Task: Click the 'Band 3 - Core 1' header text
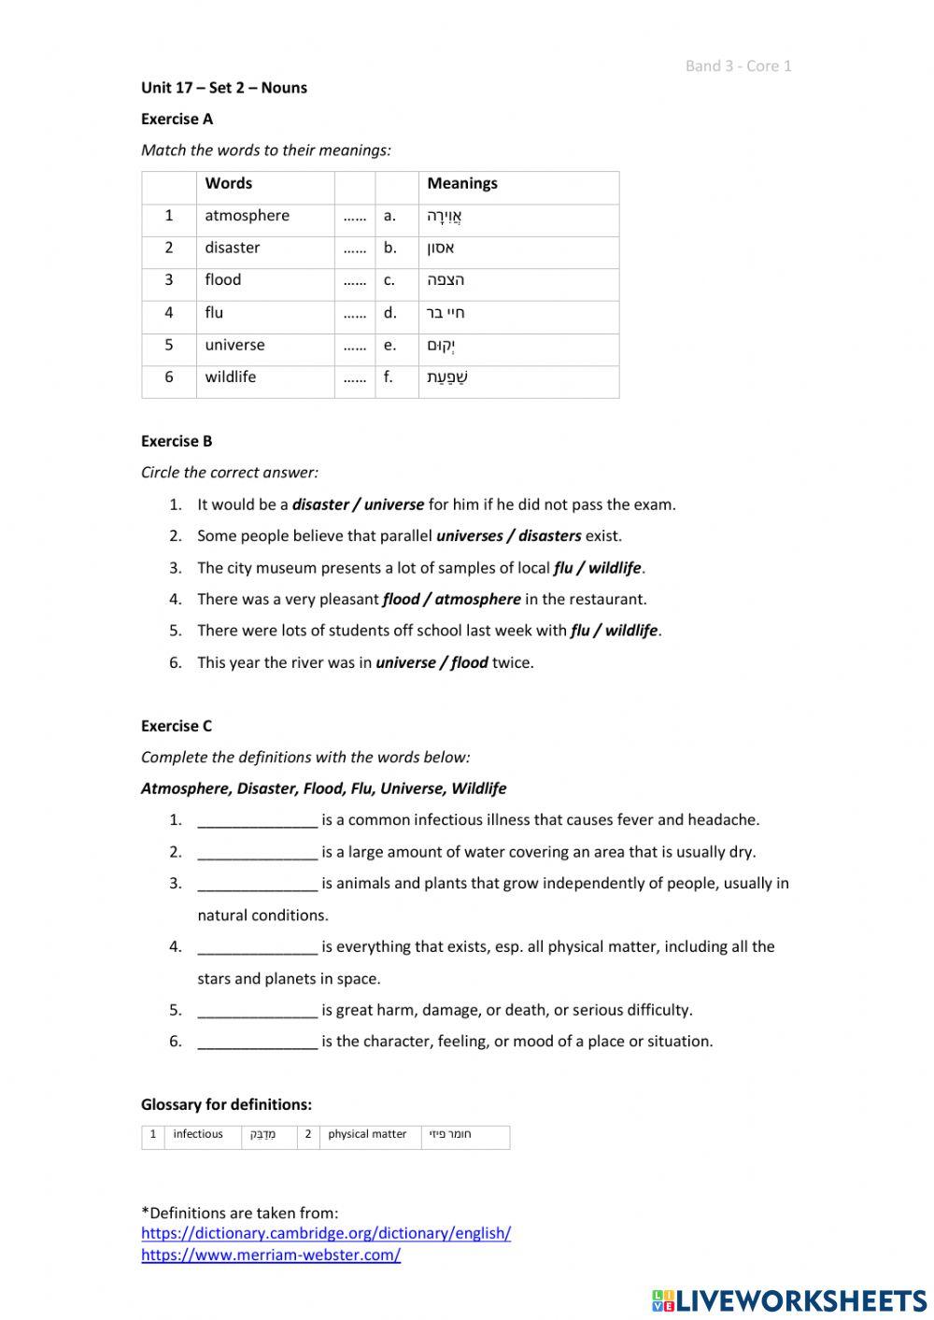(x=738, y=65)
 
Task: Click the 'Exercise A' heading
(x=177, y=119)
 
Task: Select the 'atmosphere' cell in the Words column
(x=247, y=216)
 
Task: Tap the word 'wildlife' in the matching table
(x=230, y=377)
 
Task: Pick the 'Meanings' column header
(x=461, y=184)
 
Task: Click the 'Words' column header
(x=228, y=184)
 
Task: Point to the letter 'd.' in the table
(x=389, y=313)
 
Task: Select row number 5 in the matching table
(x=169, y=345)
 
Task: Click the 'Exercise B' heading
(x=177, y=441)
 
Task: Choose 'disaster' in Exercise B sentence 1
(x=320, y=504)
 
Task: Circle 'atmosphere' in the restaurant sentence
(x=477, y=600)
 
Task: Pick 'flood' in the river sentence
(x=469, y=663)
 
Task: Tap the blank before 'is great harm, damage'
(x=257, y=1011)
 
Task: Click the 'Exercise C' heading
(x=177, y=726)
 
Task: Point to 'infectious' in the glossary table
(x=198, y=1134)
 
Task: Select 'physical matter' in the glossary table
(x=367, y=1134)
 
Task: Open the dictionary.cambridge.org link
(x=326, y=1233)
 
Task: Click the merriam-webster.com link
(x=271, y=1255)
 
